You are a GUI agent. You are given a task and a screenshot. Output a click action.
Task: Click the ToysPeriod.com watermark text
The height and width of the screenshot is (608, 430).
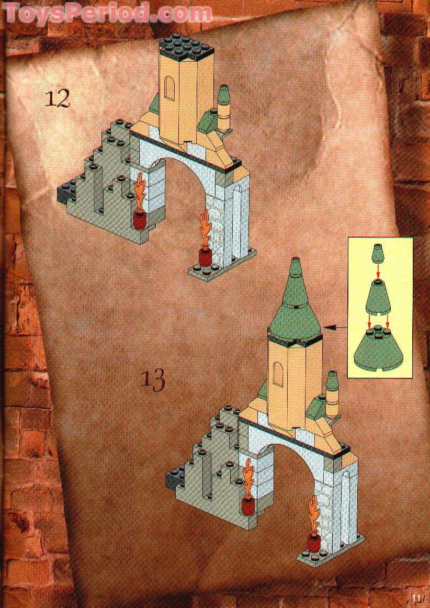click(107, 13)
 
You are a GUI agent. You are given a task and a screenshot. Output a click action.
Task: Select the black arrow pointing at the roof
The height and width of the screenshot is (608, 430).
click(336, 328)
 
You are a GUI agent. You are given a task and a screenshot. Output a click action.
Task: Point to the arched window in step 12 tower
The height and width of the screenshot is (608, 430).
click(170, 89)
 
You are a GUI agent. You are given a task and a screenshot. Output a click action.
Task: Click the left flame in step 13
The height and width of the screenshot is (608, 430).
click(248, 478)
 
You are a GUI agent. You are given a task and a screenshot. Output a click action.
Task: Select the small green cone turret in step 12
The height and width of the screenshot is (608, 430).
click(224, 108)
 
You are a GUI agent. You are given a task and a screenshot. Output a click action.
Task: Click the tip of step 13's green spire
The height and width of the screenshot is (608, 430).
click(296, 258)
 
